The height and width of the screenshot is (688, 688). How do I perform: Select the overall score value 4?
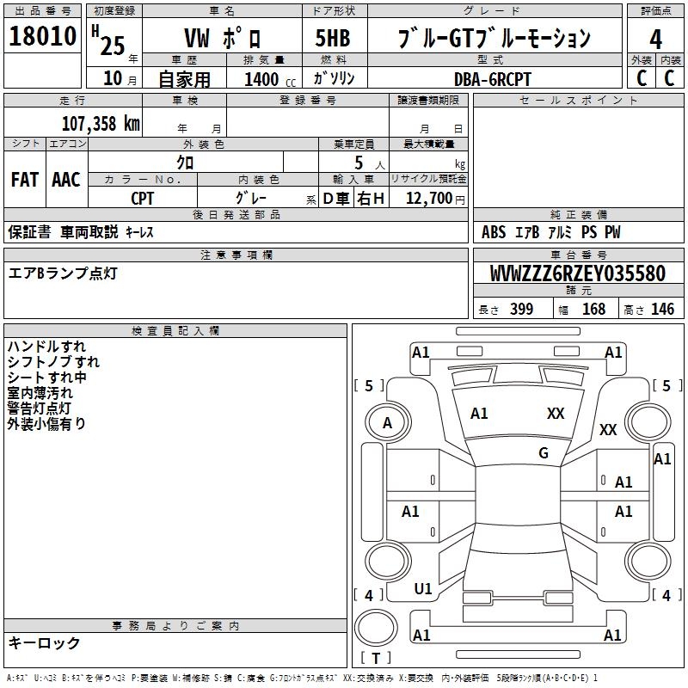(655, 40)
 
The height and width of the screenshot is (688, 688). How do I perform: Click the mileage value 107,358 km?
(101, 123)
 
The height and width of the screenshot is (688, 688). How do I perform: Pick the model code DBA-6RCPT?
(493, 79)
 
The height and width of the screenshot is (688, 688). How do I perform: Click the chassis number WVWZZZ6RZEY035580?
(577, 274)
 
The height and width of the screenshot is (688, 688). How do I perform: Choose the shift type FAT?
(24, 180)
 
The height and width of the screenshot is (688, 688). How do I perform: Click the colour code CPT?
(143, 199)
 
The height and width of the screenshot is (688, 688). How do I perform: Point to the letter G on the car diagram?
(544, 453)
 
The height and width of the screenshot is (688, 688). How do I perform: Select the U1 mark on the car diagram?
(423, 589)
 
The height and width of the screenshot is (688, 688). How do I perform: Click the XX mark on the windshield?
(556, 414)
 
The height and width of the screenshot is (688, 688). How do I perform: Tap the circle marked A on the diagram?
(387, 423)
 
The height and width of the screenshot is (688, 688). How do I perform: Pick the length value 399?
(521, 310)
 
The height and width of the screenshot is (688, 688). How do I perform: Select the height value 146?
(662, 310)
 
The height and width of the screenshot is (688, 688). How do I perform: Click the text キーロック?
(45, 643)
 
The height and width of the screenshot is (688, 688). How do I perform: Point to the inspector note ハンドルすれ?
(46, 347)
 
